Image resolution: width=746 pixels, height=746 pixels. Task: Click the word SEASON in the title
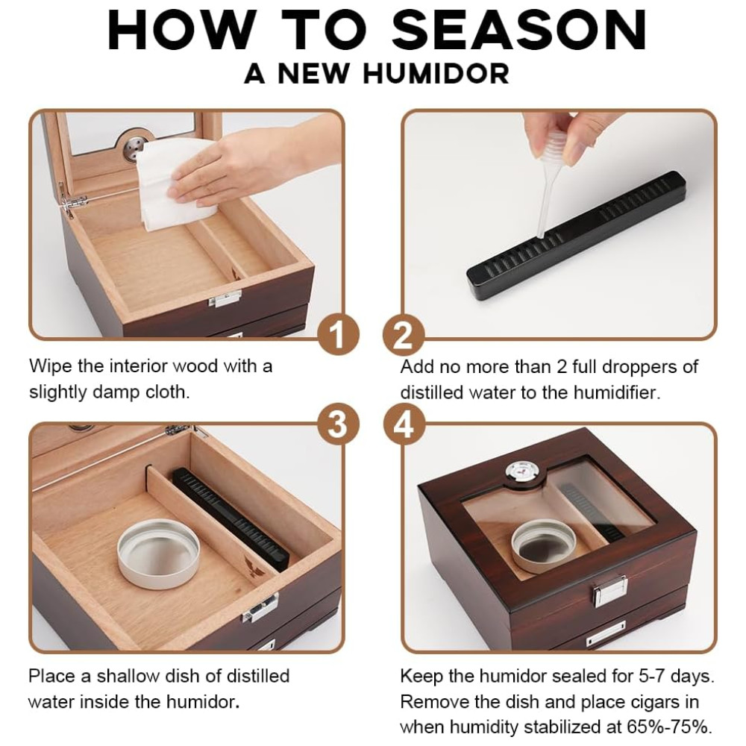(x=519, y=29)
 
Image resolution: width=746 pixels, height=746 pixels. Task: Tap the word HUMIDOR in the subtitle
(x=436, y=74)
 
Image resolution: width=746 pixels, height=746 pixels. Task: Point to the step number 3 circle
(x=338, y=424)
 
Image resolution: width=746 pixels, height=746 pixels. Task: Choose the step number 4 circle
(x=404, y=424)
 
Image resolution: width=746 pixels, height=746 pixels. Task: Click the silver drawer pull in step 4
(x=606, y=633)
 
